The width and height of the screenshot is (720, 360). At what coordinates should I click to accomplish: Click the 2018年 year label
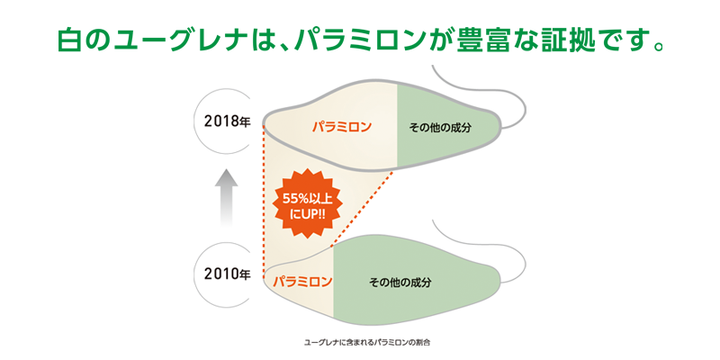tap(227, 120)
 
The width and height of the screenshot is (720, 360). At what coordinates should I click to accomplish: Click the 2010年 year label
tap(227, 273)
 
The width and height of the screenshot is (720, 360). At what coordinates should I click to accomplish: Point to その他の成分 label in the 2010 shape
tap(400, 282)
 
